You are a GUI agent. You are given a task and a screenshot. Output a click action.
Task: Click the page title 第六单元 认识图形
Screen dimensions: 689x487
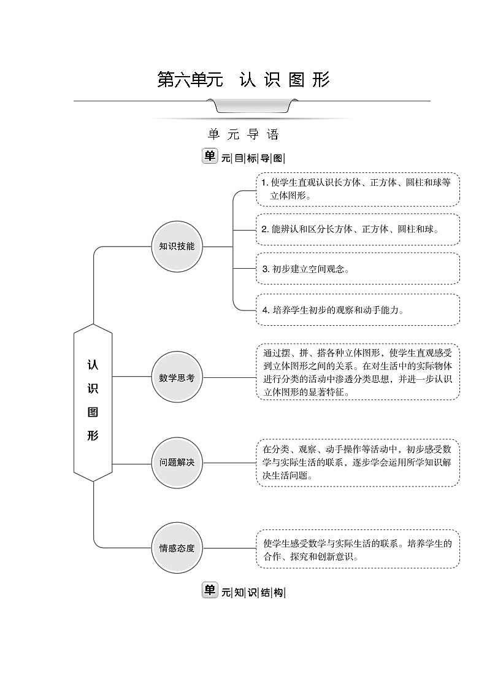(243, 80)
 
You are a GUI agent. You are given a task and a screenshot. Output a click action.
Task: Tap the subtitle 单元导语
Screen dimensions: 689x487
(243, 134)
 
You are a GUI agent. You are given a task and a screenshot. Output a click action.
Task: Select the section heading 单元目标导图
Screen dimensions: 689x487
(243, 158)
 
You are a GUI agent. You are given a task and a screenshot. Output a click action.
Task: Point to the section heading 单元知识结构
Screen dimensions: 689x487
(243, 592)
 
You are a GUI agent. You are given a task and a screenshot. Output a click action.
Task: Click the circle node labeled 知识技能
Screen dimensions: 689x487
(177, 247)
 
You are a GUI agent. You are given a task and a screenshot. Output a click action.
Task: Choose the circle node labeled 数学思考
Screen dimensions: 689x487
(177, 377)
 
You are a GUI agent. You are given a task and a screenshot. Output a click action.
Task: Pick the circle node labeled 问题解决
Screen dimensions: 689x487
(177, 463)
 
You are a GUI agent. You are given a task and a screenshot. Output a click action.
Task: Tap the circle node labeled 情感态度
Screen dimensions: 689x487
(177, 548)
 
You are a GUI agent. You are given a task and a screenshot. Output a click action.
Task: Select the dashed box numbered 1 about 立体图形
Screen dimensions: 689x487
(357, 189)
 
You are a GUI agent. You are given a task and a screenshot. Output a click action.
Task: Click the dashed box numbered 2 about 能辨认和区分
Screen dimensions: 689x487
(357, 229)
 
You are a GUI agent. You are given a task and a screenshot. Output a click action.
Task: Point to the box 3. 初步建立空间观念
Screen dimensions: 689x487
(357, 269)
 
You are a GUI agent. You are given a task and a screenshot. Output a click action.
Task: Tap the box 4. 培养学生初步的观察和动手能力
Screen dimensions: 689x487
(357, 310)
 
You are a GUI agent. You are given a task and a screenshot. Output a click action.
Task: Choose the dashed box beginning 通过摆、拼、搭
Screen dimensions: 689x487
(357, 372)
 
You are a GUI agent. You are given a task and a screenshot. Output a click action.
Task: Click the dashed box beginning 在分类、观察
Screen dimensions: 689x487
(357, 463)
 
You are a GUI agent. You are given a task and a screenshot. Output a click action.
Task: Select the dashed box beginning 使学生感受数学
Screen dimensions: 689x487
(357, 550)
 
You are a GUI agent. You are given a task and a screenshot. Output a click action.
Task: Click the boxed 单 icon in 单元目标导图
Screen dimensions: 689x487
(210, 156)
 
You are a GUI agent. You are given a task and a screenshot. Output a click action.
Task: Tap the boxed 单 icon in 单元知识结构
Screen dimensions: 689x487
(210, 591)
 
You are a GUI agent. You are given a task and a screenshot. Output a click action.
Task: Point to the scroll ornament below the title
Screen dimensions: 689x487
(251, 107)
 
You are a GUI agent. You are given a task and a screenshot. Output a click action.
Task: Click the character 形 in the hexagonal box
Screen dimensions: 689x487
(93, 436)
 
